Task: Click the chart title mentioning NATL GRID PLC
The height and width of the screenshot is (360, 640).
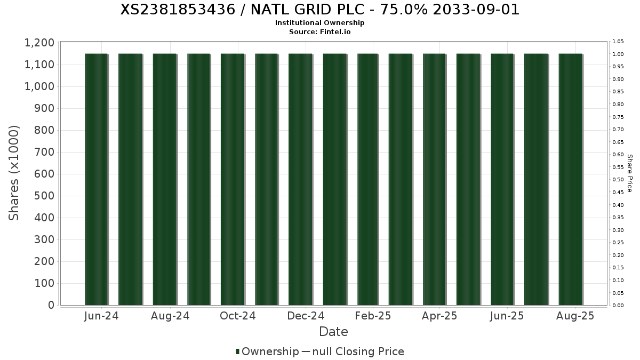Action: (x=319, y=10)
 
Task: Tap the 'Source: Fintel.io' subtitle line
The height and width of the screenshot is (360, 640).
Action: (x=319, y=31)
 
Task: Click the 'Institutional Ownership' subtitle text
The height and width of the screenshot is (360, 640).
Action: (x=319, y=23)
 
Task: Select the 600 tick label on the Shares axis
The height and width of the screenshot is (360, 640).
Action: (x=44, y=174)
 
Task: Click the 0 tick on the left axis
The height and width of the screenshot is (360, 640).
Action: (x=51, y=305)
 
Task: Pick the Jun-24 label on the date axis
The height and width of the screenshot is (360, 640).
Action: (x=101, y=316)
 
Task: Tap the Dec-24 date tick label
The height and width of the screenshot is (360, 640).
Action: (x=306, y=316)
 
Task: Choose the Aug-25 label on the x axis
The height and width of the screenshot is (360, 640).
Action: (x=575, y=316)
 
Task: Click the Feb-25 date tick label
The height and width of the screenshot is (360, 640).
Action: (x=373, y=316)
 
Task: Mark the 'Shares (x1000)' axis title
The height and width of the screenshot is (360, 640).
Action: (x=14, y=173)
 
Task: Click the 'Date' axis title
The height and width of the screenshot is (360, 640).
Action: (x=333, y=332)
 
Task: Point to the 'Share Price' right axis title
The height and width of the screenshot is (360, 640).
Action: (x=629, y=173)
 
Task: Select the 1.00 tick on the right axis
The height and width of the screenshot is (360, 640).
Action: (x=618, y=54)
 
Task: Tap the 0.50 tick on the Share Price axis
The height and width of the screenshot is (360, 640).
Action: (x=618, y=180)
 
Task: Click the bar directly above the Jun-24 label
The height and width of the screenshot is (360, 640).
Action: (x=97, y=179)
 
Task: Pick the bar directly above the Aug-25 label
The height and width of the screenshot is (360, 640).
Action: (x=570, y=179)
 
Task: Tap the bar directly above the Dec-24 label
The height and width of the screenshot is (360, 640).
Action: (x=300, y=179)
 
